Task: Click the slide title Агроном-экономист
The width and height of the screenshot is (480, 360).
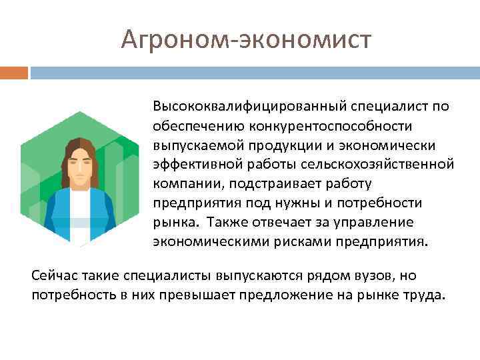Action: tap(246, 39)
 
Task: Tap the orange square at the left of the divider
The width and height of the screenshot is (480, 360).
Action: tap(14, 72)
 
